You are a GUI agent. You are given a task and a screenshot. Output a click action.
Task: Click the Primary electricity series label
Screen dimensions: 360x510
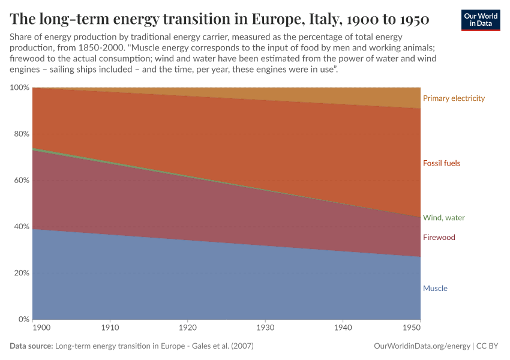click(x=454, y=98)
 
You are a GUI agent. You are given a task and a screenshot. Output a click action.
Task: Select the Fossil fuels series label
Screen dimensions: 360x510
click(x=442, y=163)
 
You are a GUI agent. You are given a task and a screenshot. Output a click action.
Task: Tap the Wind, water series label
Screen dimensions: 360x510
click(x=444, y=218)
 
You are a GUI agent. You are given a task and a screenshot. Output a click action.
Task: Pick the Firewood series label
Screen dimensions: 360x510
click(x=439, y=238)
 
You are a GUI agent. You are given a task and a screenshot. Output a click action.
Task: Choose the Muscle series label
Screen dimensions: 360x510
click(x=435, y=289)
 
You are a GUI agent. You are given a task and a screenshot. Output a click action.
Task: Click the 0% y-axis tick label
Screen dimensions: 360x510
click(x=23, y=319)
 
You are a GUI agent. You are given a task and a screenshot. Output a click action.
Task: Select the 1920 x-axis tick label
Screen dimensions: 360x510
click(x=188, y=329)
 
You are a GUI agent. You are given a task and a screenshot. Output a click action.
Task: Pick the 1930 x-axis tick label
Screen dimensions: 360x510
click(x=265, y=329)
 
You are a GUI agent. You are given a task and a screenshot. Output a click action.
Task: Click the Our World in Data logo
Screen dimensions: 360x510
click(x=481, y=20)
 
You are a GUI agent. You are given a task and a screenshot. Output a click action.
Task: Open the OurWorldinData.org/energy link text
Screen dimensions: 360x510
click(x=422, y=346)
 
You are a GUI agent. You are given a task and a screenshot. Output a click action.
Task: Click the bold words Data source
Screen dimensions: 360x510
click(x=31, y=346)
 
